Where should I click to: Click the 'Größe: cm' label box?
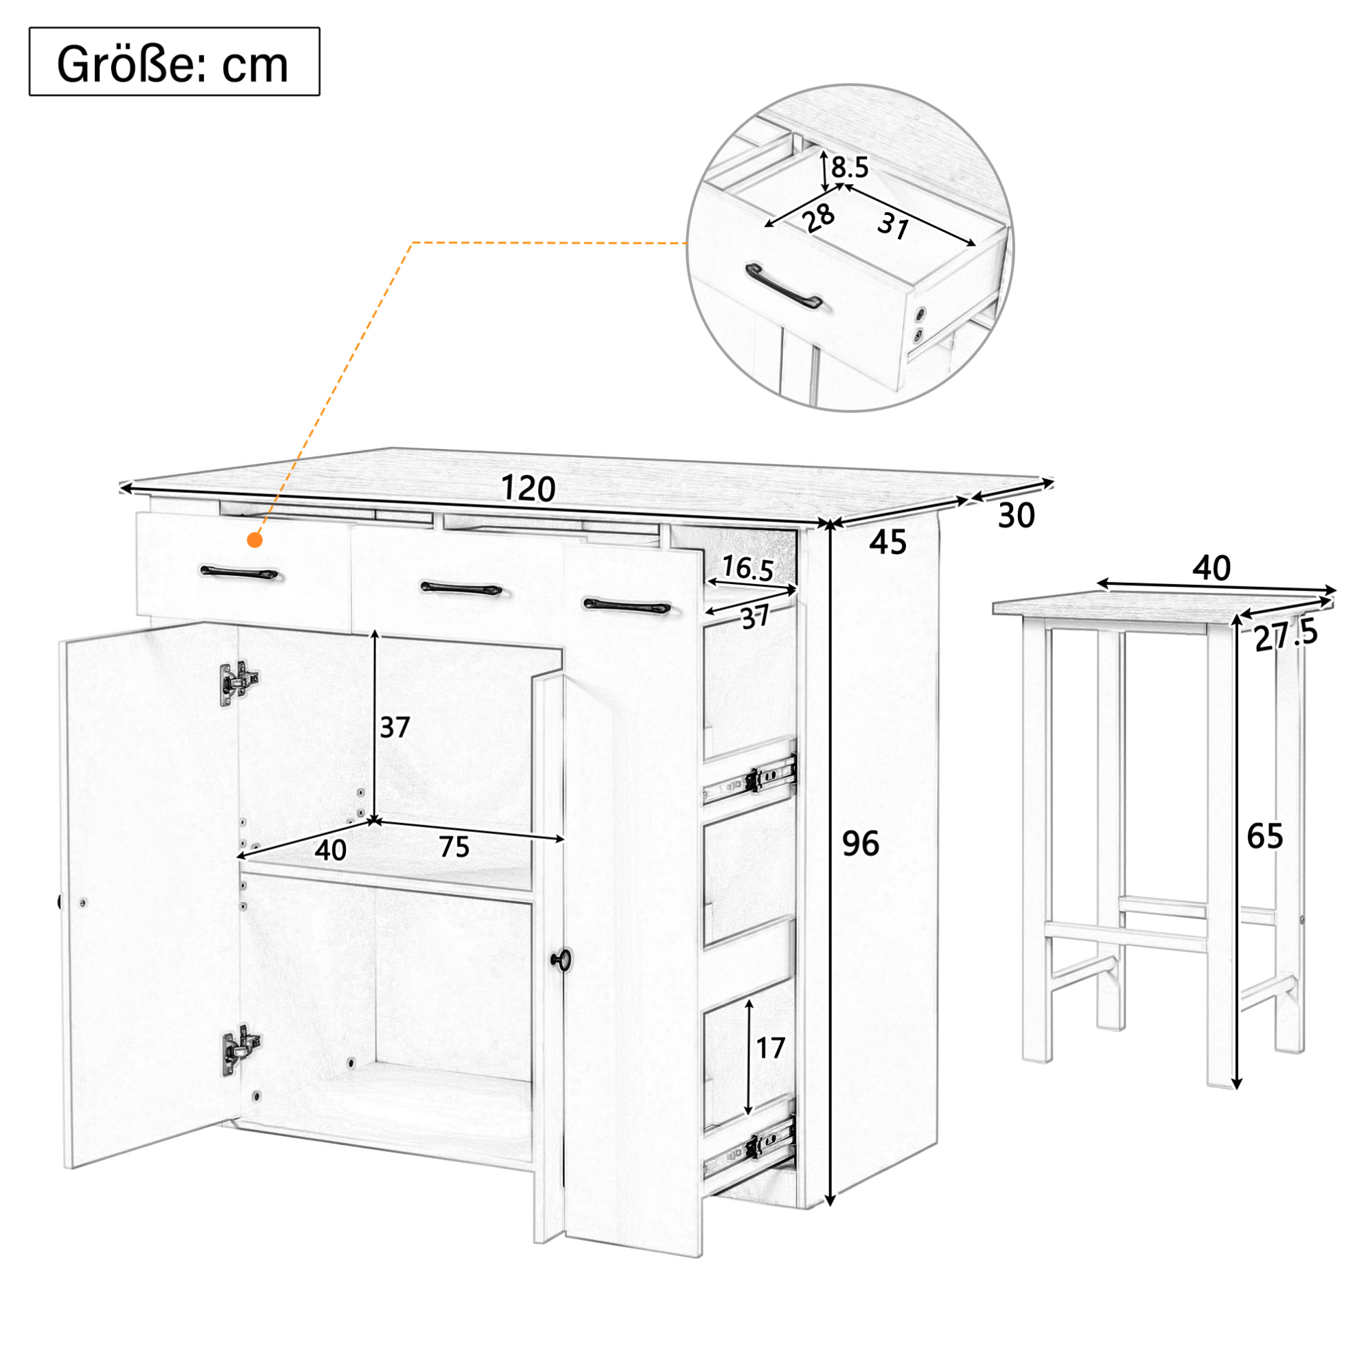174,62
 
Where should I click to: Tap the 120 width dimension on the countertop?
528,487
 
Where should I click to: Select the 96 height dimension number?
860,843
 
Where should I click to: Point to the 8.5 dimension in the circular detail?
850,167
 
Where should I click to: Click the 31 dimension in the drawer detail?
894,226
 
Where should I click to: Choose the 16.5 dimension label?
747,568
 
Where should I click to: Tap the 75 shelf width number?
454,846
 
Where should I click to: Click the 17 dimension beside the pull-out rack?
769,1048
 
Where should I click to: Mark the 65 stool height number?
1265,836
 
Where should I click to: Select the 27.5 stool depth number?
1286,636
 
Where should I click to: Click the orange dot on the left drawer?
255,540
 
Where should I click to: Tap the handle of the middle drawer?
461,588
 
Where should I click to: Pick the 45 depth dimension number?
887,542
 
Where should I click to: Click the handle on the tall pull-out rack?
627,605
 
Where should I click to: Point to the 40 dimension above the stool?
1211,568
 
